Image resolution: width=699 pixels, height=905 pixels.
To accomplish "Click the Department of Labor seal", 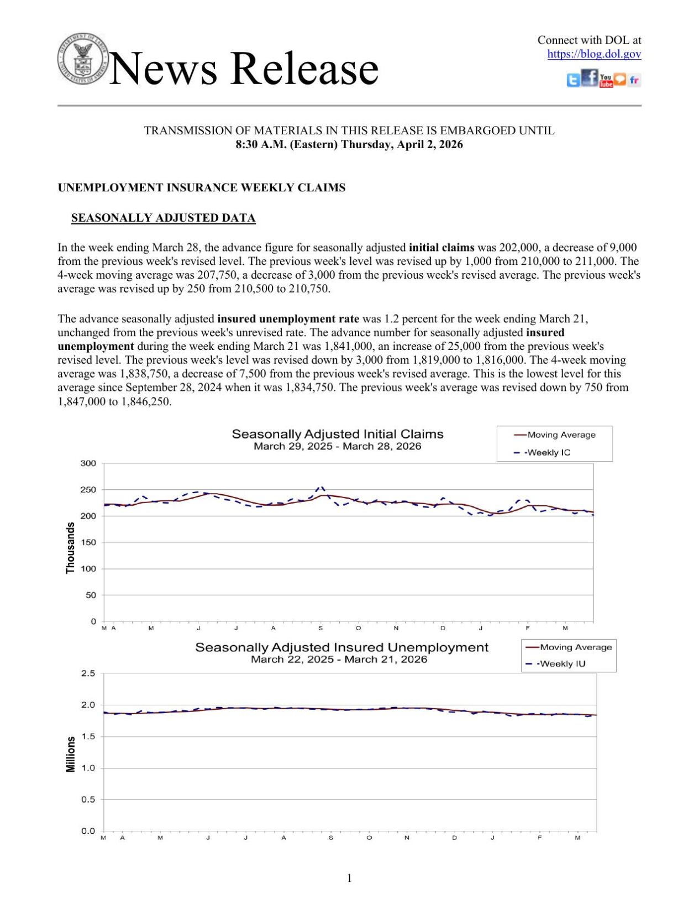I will [83, 59].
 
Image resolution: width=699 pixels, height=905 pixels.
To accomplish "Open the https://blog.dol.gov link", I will [594, 54].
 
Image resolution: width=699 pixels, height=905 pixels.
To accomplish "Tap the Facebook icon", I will [590, 78].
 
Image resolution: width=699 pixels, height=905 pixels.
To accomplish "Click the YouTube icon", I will [606, 81].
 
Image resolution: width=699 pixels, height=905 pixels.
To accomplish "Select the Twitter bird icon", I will [574, 81].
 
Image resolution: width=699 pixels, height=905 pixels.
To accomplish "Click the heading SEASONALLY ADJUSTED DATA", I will [163, 218].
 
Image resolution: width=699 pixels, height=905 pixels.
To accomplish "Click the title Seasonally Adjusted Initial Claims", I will [337, 434].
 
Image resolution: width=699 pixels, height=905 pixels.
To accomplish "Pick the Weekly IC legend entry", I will [548, 452].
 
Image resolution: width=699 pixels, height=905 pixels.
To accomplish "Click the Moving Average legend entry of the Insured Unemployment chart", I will [575, 647].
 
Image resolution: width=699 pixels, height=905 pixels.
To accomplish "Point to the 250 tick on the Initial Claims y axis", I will [88, 490].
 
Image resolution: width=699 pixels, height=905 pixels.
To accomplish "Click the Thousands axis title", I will [70, 547].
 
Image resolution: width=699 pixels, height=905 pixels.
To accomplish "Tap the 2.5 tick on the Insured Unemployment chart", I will [88, 673].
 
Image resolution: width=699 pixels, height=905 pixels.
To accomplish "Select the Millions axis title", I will [70, 754].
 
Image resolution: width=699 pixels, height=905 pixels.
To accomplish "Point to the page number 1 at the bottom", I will [349, 878].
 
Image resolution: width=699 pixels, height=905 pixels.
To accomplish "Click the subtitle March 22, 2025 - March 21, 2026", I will [339, 659].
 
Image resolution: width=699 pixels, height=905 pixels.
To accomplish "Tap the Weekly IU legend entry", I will [562, 663].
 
